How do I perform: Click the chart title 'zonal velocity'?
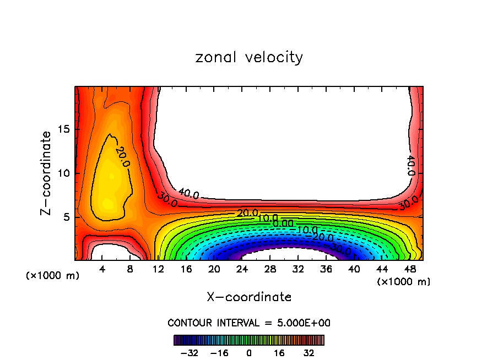[249, 57]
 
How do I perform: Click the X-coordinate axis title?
[249, 297]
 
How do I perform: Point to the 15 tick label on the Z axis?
[63, 129]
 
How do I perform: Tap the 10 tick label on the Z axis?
[63, 173]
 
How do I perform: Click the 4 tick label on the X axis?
[102, 269]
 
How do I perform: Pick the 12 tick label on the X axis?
[159, 269]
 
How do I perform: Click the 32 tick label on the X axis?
[298, 269]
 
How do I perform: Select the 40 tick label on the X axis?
[354, 269]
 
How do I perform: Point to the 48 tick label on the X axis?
[409, 269]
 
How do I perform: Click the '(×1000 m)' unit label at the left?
[53, 276]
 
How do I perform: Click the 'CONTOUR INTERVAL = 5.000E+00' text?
[249, 323]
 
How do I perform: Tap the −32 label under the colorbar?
[189, 352]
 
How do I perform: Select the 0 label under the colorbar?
[249, 352]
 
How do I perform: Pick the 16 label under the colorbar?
[279, 352]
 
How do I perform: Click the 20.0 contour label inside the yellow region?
[122, 157]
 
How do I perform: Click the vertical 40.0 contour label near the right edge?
[410, 165]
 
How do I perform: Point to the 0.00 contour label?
[283, 223]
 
